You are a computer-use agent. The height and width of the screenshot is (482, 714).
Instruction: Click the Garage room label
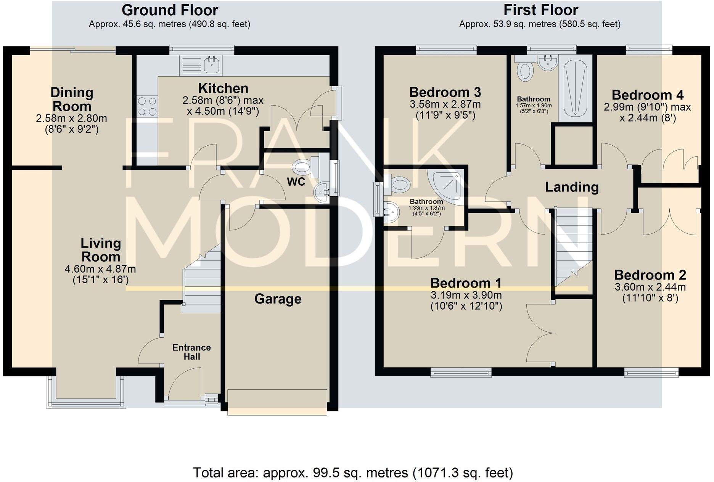tap(278, 299)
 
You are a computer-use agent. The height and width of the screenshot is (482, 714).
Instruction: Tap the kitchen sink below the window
tap(211, 65)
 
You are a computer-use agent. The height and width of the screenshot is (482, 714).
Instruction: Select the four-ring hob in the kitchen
tap(147, 106)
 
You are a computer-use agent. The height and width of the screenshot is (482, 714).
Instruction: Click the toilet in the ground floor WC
tap(303, 167)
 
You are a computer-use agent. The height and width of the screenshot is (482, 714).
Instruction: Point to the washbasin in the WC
tap(323, 191)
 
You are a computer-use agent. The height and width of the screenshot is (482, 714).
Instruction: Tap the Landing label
tap(571, 187)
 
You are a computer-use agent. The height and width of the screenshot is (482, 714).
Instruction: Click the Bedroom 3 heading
tap(445, 92)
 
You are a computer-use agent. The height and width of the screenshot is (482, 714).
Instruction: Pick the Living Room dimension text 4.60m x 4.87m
tap(100, 269)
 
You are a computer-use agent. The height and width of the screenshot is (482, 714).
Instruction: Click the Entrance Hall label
tap(191, 352)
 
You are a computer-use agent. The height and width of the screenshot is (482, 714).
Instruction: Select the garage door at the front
tap(277, 402)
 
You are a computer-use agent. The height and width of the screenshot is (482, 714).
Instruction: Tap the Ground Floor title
tap(170, 10)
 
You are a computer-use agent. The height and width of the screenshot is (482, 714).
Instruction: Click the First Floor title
tap(540, 10)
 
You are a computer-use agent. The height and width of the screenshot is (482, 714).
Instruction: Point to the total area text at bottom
tap(353, 473)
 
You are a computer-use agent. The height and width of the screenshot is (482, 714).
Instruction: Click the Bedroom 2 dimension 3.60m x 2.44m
tap(650, 287)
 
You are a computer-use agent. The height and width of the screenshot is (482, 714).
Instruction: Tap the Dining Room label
tap(72, 99)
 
